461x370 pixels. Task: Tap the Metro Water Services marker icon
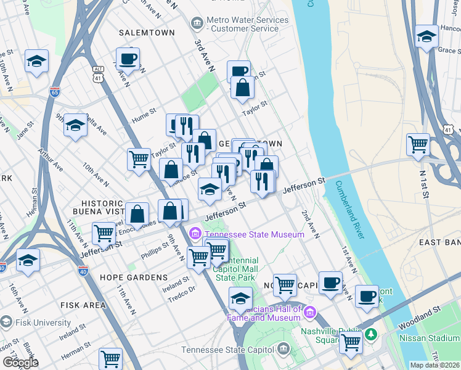click(197, 24)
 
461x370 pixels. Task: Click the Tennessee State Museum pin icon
click(195, 234)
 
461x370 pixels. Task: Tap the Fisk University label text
click(44, 323)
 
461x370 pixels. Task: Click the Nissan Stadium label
click(429, 338)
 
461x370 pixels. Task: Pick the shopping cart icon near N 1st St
click(418, 145)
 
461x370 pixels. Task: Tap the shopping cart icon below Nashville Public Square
click(351, 342)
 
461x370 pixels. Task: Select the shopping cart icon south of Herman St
click(110, 358)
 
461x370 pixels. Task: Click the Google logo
click(20, 362)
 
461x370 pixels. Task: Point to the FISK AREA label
click(83, 305)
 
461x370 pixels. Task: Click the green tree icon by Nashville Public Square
click(370, 335)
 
